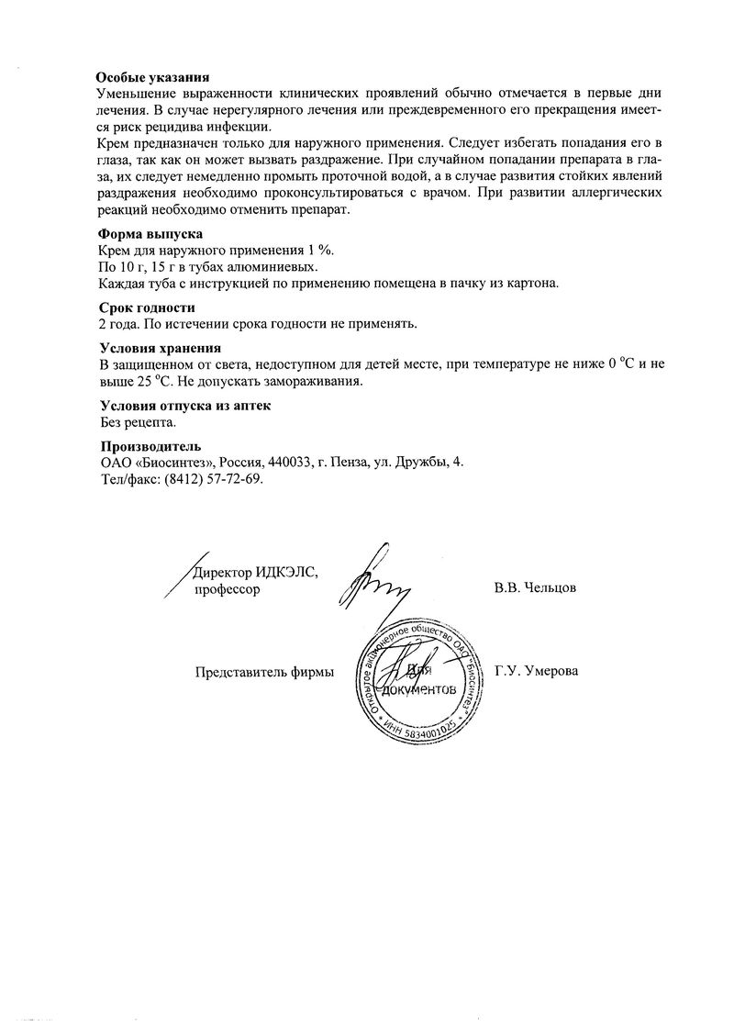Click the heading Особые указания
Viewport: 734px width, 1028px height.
(154, 80)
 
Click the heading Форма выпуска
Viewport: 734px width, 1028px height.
(150, 235)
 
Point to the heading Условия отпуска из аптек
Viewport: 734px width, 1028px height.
(185, 406)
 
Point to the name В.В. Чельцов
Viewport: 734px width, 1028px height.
(535, 588)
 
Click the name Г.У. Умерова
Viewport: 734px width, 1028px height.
(536, 671)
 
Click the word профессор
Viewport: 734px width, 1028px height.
(227, 589)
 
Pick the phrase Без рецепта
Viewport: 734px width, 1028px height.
(137, 422)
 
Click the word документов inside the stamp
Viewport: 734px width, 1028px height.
(418, 688)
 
